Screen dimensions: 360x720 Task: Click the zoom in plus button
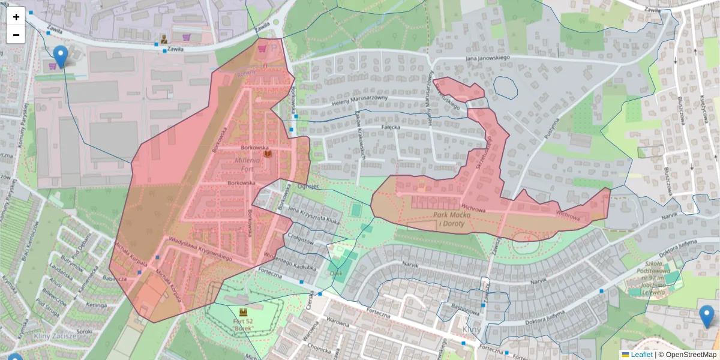[x=16, y=17]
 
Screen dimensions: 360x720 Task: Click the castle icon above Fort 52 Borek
[x=244, y=313]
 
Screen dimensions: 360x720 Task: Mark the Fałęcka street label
[x=391, y=127]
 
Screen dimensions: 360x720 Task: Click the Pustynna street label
[x=550, y=128]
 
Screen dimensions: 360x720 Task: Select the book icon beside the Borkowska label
[x=268, y=154]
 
